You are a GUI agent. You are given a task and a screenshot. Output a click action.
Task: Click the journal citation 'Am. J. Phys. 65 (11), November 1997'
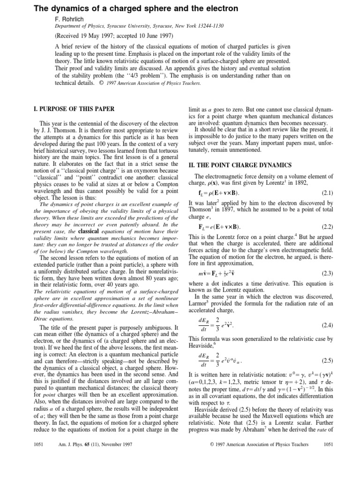pos(95,470)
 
